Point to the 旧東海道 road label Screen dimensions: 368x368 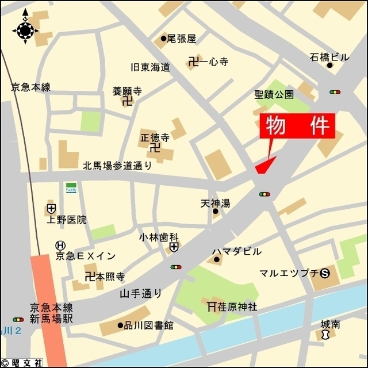coord(151,67)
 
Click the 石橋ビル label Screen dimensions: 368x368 coord(329,57)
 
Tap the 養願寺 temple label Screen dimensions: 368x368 coord(127,91)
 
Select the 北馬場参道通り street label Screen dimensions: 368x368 coord(117,166)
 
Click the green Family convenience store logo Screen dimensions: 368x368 coord(71,189)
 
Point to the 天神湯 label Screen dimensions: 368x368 coord(216,204)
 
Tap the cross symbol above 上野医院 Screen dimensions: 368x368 coord(51,208)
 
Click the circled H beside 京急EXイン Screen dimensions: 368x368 coord(60,245)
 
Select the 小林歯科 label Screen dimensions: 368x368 coord(159,236)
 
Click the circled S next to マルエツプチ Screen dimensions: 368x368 coord(325,273)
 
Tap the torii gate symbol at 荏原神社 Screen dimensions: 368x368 coord(211,306)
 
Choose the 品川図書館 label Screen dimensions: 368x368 coord(149,325)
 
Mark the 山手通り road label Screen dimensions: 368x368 coord(140,293)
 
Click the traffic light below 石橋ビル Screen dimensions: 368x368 coord(334,91)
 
